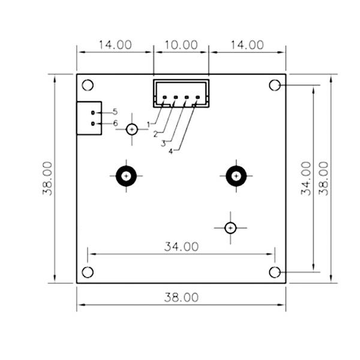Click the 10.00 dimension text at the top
tap(181, 44)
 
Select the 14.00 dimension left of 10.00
tap(115, 44)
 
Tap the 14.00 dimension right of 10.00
tap(247, 44)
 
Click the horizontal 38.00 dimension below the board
tap(181, 297)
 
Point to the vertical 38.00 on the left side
tap(48, 178)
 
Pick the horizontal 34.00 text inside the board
tap(181, 246)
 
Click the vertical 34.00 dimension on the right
tap(305, 178)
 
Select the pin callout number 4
tap(170, 151)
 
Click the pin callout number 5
tap(115, 112)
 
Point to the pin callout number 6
tap(115, 123)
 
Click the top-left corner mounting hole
tap(88, 85)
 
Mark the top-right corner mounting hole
tap(275, 85)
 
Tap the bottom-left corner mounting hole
tap(88, 272)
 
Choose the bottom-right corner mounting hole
tap(275, 272)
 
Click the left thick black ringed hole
tap(126, 176)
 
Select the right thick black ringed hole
tap(236, 176)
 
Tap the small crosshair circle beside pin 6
tap(132, 128)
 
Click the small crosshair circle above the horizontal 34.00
tap(230, 227)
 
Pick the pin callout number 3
tap(163, 143)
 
